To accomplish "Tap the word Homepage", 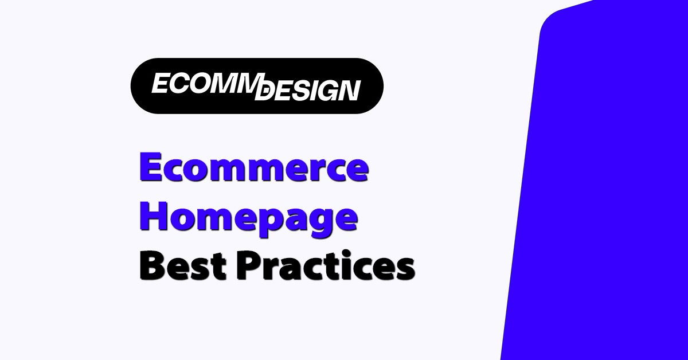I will (249, 218).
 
